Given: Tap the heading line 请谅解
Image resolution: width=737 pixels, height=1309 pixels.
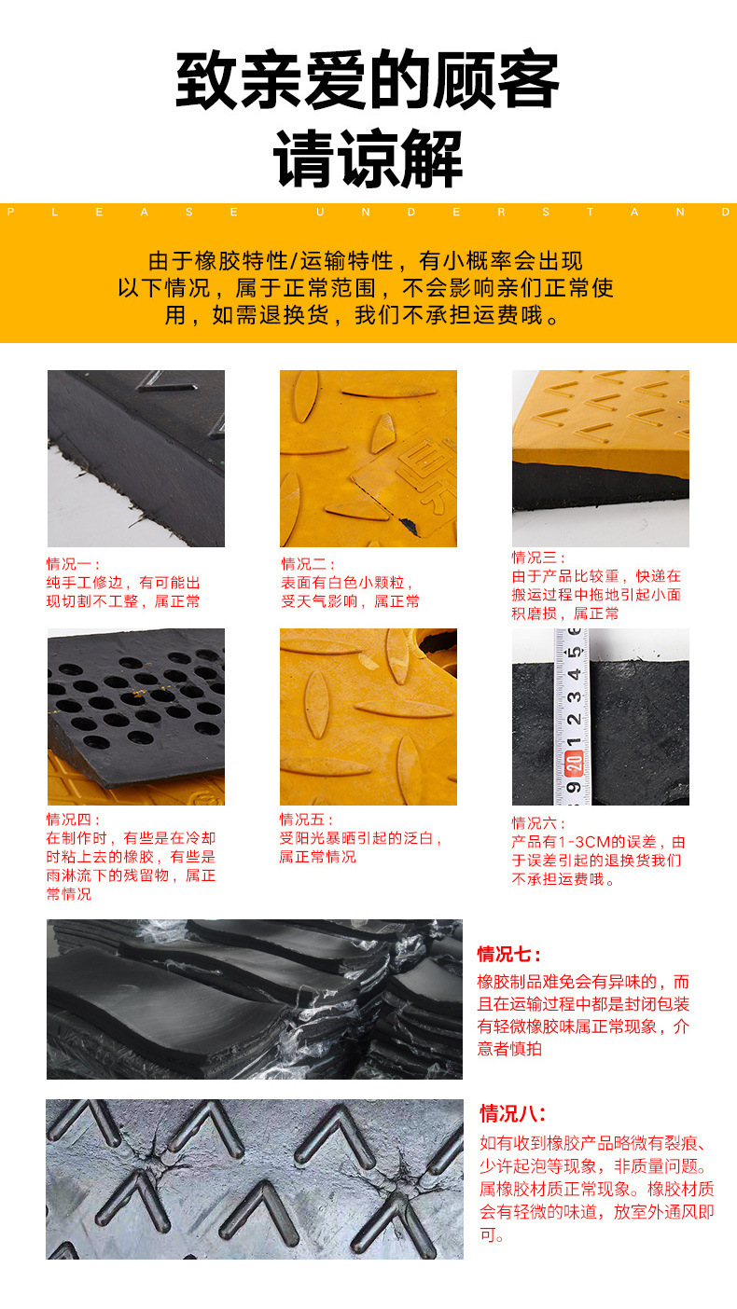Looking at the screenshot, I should [x=368, y=158].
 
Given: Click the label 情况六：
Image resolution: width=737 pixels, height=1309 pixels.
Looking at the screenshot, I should [x=538, y=822].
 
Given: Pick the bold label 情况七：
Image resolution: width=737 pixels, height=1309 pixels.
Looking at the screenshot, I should [x=509, y=954].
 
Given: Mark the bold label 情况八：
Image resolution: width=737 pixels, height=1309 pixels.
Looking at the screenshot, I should [x=512, y=1113].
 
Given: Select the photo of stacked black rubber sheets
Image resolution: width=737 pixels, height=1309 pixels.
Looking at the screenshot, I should [x=254, y=999].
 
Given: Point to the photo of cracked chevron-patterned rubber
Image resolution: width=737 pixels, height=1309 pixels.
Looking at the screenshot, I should [x=254, y=1178].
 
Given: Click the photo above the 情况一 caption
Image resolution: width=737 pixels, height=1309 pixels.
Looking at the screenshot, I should [x=136, y=458].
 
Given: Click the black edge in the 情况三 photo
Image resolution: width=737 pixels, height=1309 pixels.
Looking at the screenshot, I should [x=597, y=487].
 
